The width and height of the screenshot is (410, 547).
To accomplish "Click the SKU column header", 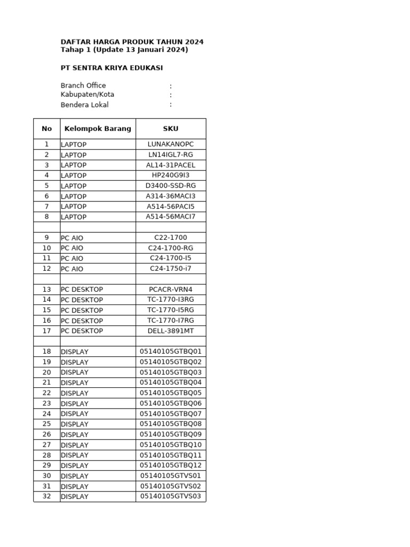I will click(171, 129).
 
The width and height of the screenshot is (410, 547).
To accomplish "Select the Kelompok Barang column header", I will click(98, 129).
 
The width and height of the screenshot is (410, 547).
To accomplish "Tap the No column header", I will click(47, 129).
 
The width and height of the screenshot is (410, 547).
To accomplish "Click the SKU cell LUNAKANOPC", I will click(171, 144).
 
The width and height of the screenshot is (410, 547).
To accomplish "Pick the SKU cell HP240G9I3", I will click(171, 175).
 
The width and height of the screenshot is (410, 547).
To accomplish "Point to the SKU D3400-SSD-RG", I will click(171, 186).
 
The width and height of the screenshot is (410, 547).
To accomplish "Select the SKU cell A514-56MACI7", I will click(171, 217).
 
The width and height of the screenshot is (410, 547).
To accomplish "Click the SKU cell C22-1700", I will click(171, 238).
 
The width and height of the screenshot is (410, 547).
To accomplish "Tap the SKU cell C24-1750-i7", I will click(171, 269).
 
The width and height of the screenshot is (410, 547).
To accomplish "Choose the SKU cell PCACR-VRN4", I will click(171, 290).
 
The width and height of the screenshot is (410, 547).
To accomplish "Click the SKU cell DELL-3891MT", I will click(171, 331).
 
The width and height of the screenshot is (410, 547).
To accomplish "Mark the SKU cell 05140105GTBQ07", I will click(171, 413).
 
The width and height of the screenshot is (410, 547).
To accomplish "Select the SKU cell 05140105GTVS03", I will click(171, 496).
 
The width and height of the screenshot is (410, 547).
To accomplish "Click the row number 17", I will click(47, 331).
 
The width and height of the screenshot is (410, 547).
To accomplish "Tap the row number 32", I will click(47, 496).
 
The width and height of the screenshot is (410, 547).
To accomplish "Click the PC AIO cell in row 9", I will click(72, 238).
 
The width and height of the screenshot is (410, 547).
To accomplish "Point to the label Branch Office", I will click(83, 85).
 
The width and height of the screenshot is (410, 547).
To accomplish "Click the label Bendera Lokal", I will click(84, 105).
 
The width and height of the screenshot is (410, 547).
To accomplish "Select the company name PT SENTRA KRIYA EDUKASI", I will click(112, 68).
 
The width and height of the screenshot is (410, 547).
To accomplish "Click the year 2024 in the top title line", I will click(194, 42).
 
